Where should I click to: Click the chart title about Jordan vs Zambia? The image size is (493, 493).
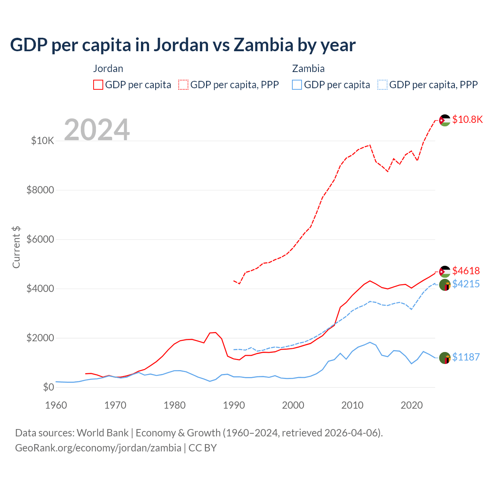[x=183, y=45]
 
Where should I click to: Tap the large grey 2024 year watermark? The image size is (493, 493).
[x=97, y=130]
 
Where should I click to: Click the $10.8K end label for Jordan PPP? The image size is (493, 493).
[x=467, y=119]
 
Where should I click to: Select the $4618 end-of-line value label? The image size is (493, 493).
[x=466, y=271]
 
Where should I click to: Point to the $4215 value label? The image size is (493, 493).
[x=466, y=284]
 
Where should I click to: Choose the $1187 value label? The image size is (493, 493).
[x=466, y=357]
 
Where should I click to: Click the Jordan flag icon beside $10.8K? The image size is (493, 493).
[x=445, y=120]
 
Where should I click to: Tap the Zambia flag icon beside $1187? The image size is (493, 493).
[x=445, y=358]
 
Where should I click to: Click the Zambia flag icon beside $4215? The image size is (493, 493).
[x=445, y=285]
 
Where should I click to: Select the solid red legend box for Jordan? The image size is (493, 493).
[x=98, y=85]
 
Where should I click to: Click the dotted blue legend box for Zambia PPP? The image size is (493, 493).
[x=382, y=85]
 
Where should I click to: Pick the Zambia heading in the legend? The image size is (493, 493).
[x=308, y=69]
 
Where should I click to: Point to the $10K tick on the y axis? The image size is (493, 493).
[x=42, y=141]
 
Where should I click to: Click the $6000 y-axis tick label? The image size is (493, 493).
[x=40, y=239]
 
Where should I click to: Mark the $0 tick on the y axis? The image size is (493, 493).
[x=48, y=387]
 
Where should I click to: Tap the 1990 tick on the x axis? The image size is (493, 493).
[x=234, y=405]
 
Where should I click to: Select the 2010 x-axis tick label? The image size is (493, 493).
[x=352, y=405]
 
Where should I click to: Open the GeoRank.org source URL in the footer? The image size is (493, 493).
[x=98, y=448]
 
